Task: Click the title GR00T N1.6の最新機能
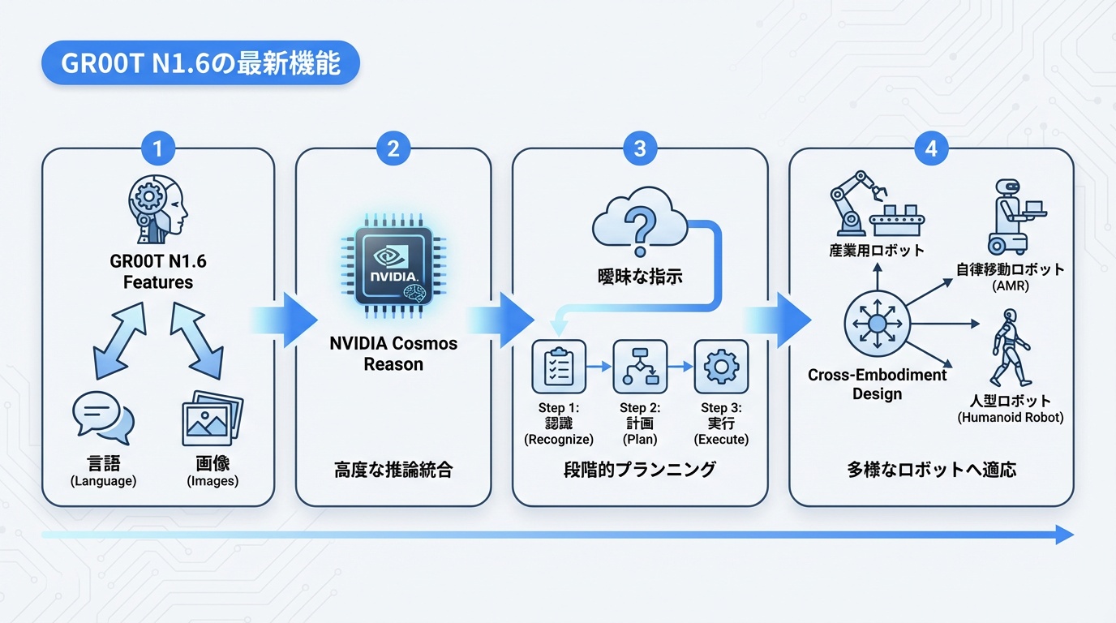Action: tap(200, 63)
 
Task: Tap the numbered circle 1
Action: tap(158, 148)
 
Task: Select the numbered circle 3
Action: tap(640, 148)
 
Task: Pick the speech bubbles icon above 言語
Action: tap(103, 420)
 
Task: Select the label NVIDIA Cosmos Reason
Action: tap(393, 354)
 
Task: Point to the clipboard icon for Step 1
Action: tap(558, 367)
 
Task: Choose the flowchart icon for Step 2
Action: tap(640, 367)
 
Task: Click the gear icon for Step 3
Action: tap(721, 367)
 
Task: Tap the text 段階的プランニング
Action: tap(640, 469)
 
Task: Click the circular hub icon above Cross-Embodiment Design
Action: tap(877, 323)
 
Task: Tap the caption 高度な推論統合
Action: tap(393, 469)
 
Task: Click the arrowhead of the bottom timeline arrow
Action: tap(1064, 535)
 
